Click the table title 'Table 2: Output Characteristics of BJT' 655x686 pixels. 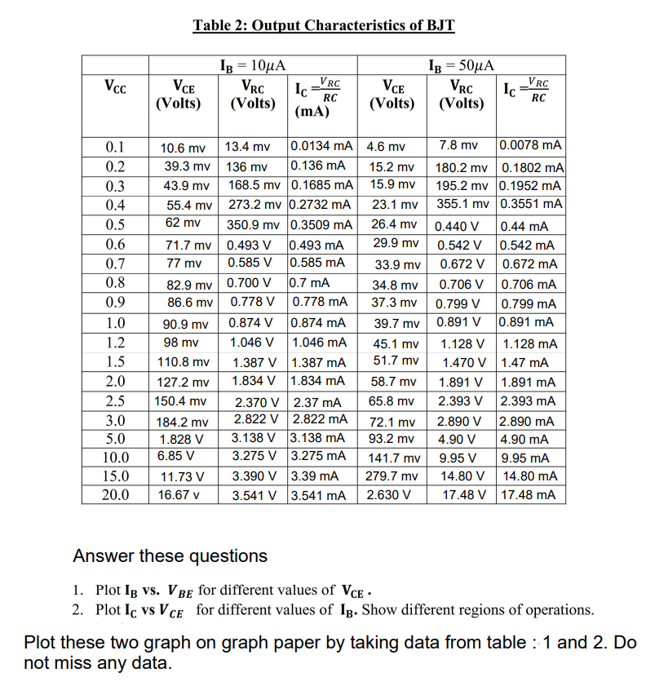tap(323, 24)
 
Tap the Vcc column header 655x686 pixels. tap(114, 84)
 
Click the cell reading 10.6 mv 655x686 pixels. tap(183, 148)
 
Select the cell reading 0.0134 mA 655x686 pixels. tap(321, 147)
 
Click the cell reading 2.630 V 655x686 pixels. tap(387, 494)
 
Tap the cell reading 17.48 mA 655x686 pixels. tap(530, 494)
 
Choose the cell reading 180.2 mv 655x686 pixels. tap(462, 167)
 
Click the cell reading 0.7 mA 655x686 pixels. tap(310, 284)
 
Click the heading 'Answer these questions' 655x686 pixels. tap(170, 556)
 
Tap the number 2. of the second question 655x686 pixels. tap(78, 609)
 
